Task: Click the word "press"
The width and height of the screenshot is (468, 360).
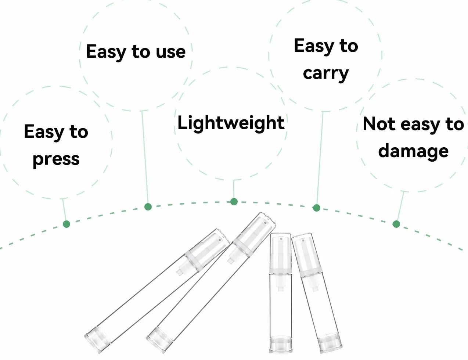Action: coord(56,160)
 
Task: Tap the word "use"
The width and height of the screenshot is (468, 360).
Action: coord(171,52)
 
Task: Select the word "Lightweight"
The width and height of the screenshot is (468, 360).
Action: coord(231,123)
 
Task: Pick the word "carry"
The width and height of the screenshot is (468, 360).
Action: coord(326,74)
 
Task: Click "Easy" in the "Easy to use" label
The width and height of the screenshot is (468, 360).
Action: coord(106,52)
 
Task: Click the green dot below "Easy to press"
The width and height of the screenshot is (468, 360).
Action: coord(66,224)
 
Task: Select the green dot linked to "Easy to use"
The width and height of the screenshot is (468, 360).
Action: coord(148,207)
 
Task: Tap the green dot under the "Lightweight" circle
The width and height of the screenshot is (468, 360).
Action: coord(234,202)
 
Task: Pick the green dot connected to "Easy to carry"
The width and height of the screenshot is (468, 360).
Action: coord(316,208)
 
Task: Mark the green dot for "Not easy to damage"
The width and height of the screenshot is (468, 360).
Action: coord(396,224)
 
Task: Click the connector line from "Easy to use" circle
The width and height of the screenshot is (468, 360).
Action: coord(145,157)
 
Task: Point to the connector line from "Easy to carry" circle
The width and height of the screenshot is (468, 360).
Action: coord(320,158)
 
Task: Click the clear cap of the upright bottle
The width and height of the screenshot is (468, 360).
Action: coord(281,251)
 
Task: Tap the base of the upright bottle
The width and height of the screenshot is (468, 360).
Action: coord(281,344)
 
